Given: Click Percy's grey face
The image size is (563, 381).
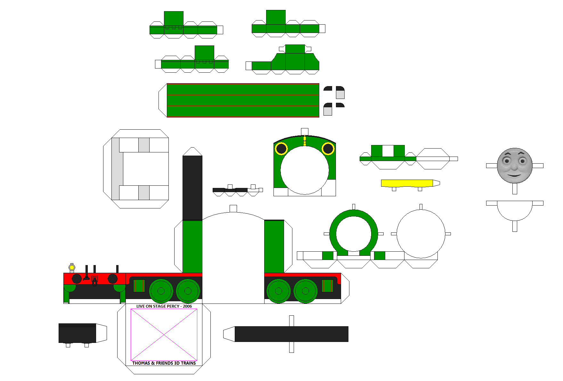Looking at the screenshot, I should click(x=515, y=166).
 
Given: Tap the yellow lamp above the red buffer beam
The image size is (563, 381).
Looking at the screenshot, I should click(x=72, y=267).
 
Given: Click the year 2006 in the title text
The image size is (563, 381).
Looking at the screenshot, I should click(x=187, y=306).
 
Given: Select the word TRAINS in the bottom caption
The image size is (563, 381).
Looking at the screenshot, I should click(x=188, y=363).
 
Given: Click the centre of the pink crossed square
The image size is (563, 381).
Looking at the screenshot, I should click(x=164, y=335).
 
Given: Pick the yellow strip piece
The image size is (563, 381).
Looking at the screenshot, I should click(x=407, y=183).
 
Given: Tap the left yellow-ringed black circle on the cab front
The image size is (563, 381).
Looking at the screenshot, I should click(x=281, y=149).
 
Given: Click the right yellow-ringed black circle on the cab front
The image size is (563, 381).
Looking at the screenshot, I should click(x=328, y=149).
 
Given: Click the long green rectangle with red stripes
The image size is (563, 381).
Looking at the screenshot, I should click(x=243, y=100).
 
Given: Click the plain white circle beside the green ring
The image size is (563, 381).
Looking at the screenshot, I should click(x=421, y=234).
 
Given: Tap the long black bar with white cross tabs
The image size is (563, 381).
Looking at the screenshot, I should click(x=291, y=334).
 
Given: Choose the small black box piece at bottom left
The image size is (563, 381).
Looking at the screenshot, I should click(x=77, y=333).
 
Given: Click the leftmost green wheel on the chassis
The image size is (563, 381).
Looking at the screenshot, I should click(x=161, y=291).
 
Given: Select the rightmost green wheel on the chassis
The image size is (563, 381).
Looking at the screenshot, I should click(x=306, y=291).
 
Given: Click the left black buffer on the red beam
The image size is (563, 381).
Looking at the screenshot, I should click(x=77, y=279).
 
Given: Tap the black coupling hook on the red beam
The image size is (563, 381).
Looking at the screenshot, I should click(x=94, y=281).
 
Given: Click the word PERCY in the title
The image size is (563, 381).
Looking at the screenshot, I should click(x=173, y=306).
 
